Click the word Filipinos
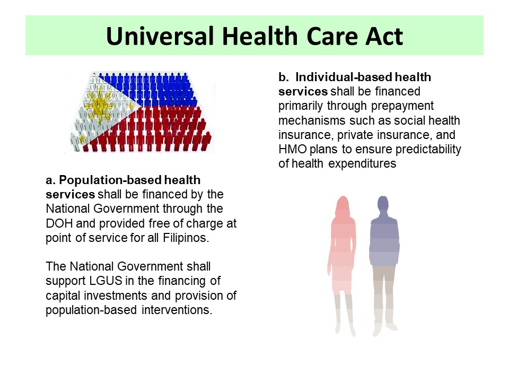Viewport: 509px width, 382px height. tap(186, 238)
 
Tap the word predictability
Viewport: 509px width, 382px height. tap(428, 150)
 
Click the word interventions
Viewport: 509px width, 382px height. tap(177, 310)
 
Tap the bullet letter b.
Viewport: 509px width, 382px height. tap(283, 77)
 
